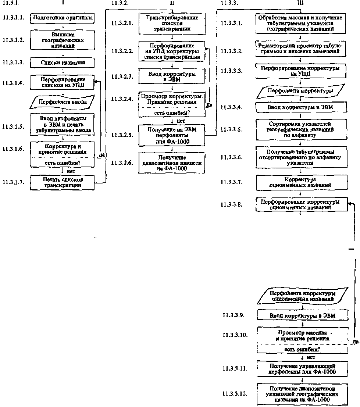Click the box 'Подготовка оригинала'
tap(63, 17)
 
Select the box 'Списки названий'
tap(63, 63)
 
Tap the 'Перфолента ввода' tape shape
tap(63, 102)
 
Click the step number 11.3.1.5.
tap(13, 126)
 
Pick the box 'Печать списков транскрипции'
tap(63, 182)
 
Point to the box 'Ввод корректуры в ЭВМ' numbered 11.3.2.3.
tap(172, 76)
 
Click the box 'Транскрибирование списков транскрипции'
tap(172, 23)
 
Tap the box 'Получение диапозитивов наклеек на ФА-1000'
tap(172, 163)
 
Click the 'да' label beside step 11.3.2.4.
tap(210, 104)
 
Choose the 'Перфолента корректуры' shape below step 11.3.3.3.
tap(300, 91)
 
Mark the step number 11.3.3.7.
tap(232, 182)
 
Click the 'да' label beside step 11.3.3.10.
tap(355, 342)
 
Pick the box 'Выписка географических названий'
tap(63, 40)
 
